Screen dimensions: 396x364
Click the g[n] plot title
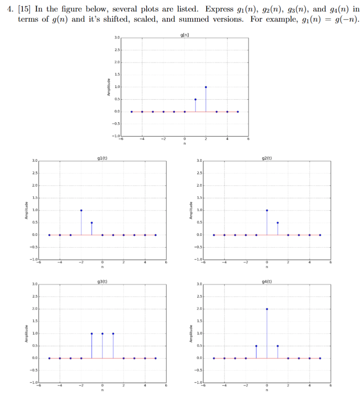tap(185, 35)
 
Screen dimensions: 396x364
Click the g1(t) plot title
tap(102, 158)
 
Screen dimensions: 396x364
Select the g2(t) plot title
tap(267, 158)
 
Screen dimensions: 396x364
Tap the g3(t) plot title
tap(102, 281)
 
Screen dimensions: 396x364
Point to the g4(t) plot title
tap(267, 281)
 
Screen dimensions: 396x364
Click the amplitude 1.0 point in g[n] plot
tap(206, 87)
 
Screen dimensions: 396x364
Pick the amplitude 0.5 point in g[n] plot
tap(195, 99)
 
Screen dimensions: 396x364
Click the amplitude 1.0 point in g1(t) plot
tap(81, 210)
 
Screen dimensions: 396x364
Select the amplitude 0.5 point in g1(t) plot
tap(92, 223)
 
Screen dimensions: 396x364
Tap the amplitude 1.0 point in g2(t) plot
tap(267, 210)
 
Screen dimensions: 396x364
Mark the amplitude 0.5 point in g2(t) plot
tap(277, 223)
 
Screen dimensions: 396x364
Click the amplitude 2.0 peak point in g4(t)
tap(267, 309)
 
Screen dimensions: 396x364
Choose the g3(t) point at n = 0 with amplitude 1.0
tap(102, 334)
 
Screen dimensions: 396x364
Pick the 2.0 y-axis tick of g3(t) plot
tap(34, 309)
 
